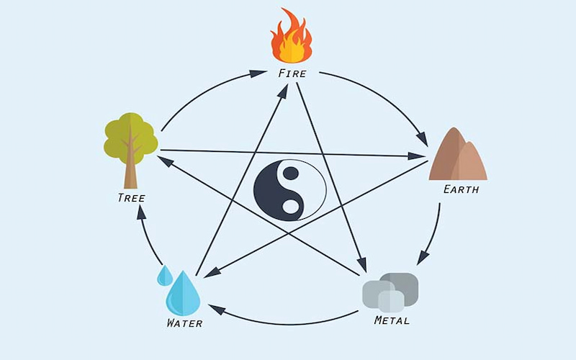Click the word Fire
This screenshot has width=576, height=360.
292,73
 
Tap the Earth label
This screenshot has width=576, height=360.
461,189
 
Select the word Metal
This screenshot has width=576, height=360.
392,320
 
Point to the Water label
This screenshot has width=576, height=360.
184,323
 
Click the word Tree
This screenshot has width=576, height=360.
131,198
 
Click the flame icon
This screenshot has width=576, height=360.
292,35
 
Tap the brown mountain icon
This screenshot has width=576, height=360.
458,154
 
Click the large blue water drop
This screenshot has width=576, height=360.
183,293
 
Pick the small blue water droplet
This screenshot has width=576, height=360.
165,276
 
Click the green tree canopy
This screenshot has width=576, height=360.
131,138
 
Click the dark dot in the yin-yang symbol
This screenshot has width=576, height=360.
290,173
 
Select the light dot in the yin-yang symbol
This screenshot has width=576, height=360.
290,207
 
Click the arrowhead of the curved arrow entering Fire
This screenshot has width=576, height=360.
258,73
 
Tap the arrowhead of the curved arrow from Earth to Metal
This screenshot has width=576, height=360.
423,257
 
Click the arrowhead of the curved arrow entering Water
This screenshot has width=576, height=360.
217,310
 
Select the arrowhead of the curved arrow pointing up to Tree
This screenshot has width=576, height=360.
141,212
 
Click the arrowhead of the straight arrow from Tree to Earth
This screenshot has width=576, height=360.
417,156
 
